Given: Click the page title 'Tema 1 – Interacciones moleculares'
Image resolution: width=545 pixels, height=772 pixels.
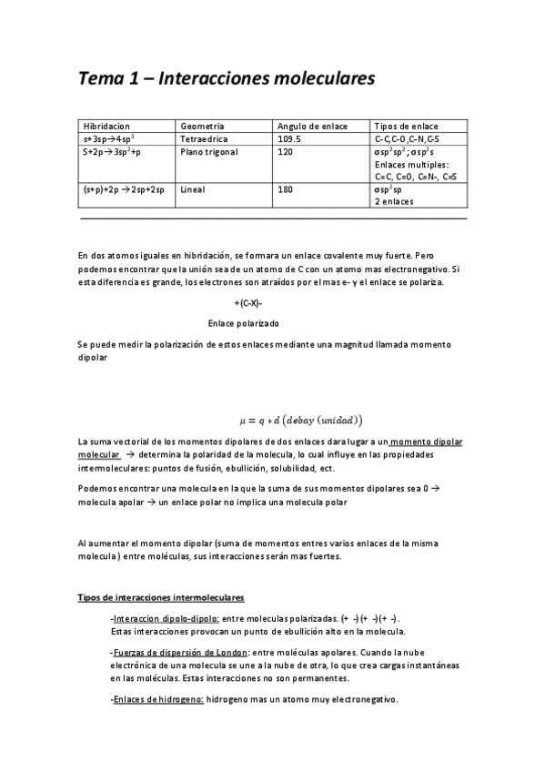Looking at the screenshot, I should coord(226,79).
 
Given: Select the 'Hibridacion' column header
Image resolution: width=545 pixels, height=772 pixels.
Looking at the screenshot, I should coord(106,126).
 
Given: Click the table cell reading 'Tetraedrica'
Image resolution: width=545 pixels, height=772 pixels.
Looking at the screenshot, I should coord(206,138).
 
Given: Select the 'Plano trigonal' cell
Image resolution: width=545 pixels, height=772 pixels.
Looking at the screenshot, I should coord(209,152).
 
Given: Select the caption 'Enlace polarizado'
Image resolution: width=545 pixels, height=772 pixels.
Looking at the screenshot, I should coord(243,323).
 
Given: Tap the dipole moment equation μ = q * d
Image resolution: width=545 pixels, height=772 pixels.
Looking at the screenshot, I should coord(300,420).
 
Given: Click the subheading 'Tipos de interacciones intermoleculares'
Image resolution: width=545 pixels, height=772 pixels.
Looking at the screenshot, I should coord(161,597).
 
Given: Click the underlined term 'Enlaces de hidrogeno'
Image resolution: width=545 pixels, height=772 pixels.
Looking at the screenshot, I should coord(156,699).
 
